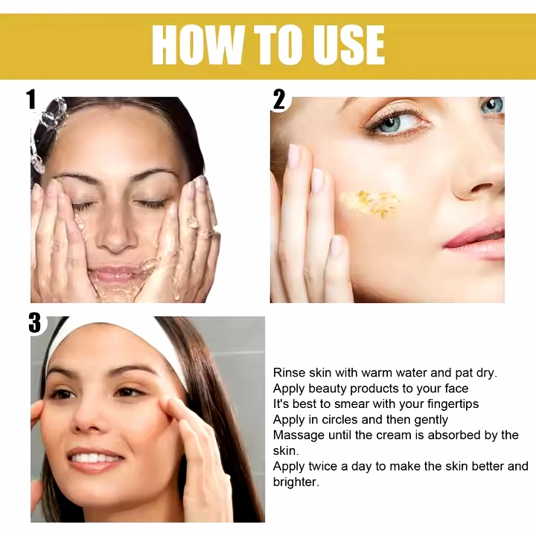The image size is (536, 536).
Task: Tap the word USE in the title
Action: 349,45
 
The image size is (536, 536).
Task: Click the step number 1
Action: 31,100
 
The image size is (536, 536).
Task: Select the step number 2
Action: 279,100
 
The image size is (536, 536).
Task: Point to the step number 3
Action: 35,322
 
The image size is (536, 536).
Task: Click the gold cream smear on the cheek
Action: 370,203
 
